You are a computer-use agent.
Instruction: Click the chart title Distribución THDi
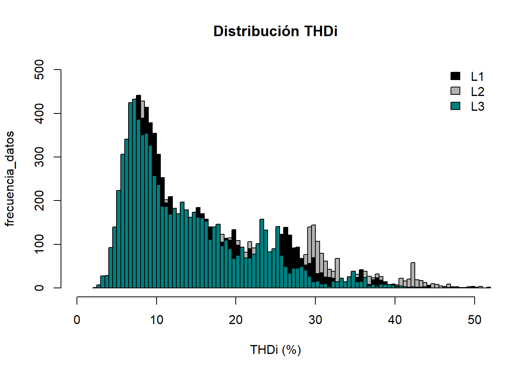pos(275,31)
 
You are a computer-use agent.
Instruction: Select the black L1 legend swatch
pos(455,76)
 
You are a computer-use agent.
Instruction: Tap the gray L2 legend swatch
pos(455,91)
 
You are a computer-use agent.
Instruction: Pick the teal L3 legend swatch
pos(455,106)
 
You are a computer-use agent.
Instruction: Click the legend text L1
pos(477,77)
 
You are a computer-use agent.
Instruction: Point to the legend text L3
pos(477,106)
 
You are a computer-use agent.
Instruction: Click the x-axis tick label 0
pos(77,320)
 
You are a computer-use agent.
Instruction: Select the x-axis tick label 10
pos(157,320)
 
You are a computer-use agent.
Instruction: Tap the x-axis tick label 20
pos(236,320)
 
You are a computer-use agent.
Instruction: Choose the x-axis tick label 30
pos(315,320)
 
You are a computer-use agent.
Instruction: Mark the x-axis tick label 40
pos(395,320)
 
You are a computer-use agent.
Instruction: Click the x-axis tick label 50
pos(474,320)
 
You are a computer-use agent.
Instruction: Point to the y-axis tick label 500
pos(39,70)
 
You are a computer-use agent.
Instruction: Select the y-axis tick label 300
pos(39,157)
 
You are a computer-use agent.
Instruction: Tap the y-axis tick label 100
pos(39,244)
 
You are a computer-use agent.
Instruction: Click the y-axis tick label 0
pos(39,288)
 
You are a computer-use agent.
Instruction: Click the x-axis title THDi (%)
pos(275,350)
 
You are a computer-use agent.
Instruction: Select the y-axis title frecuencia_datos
pos(9,179)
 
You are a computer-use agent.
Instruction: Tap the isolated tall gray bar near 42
pos(412,275)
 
